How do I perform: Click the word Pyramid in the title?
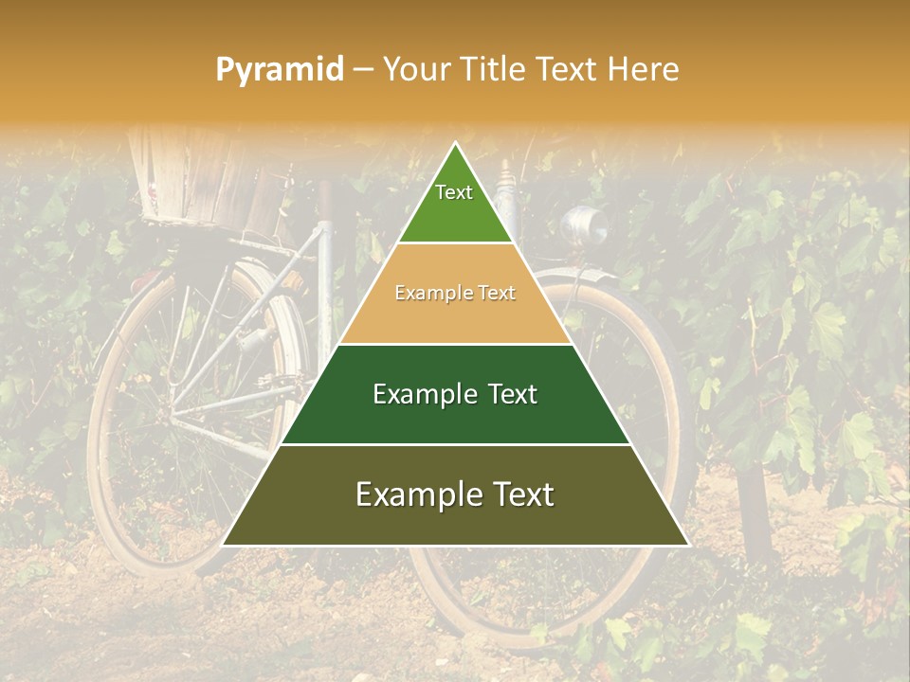pyautogui.click(x=280, y=69)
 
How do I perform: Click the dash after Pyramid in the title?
pyautogui.click(x=363, y=70)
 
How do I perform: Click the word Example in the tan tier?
pyautogui.click(x=430, y=294)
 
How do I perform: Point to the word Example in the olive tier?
pyautogui.click(x=416, y=494)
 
